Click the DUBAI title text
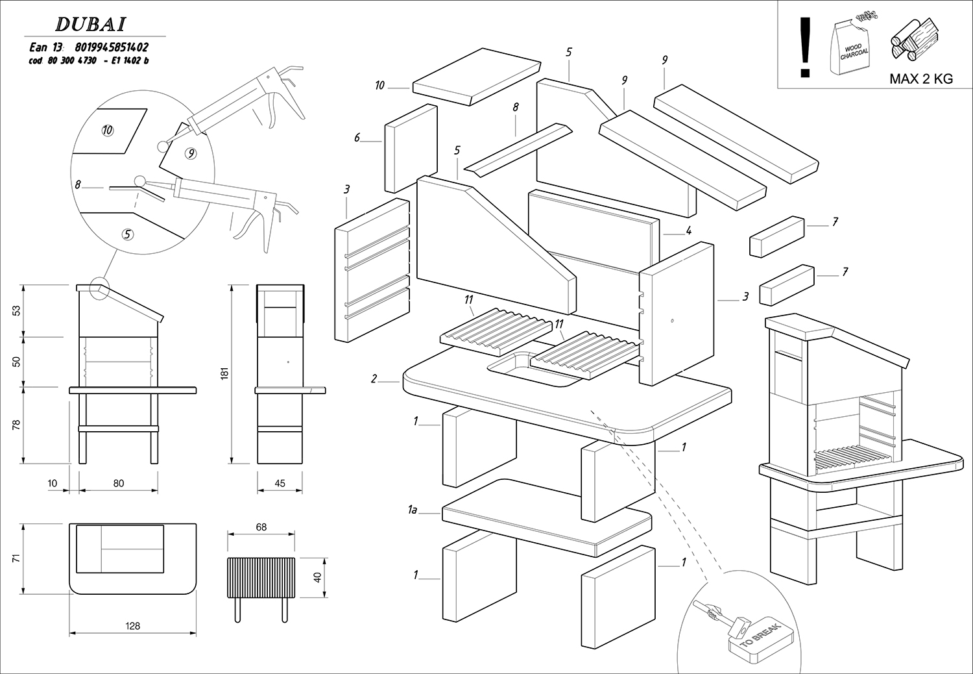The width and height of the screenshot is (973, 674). (x=90, y=24)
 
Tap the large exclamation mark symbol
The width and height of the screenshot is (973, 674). (x=806, y=46)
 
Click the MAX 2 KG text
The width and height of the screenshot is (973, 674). (x=920, y=79)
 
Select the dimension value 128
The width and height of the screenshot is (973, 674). (x=132, y=626)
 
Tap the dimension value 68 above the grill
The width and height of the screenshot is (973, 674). (x=261, y=527)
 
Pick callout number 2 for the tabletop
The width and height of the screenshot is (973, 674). (x=374, y=379)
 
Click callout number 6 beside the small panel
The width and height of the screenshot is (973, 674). (x=357, y=138)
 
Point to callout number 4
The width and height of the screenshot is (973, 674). (x=688, y=231)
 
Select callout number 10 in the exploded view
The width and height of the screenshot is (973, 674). (x=380, y=85)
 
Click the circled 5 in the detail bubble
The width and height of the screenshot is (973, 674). (x=128, y=234)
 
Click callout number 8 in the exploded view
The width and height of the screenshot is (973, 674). (x=516, y=108)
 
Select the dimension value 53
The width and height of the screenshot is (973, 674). (x=18, y=310)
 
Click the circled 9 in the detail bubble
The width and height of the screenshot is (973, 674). (x=191, y=154)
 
